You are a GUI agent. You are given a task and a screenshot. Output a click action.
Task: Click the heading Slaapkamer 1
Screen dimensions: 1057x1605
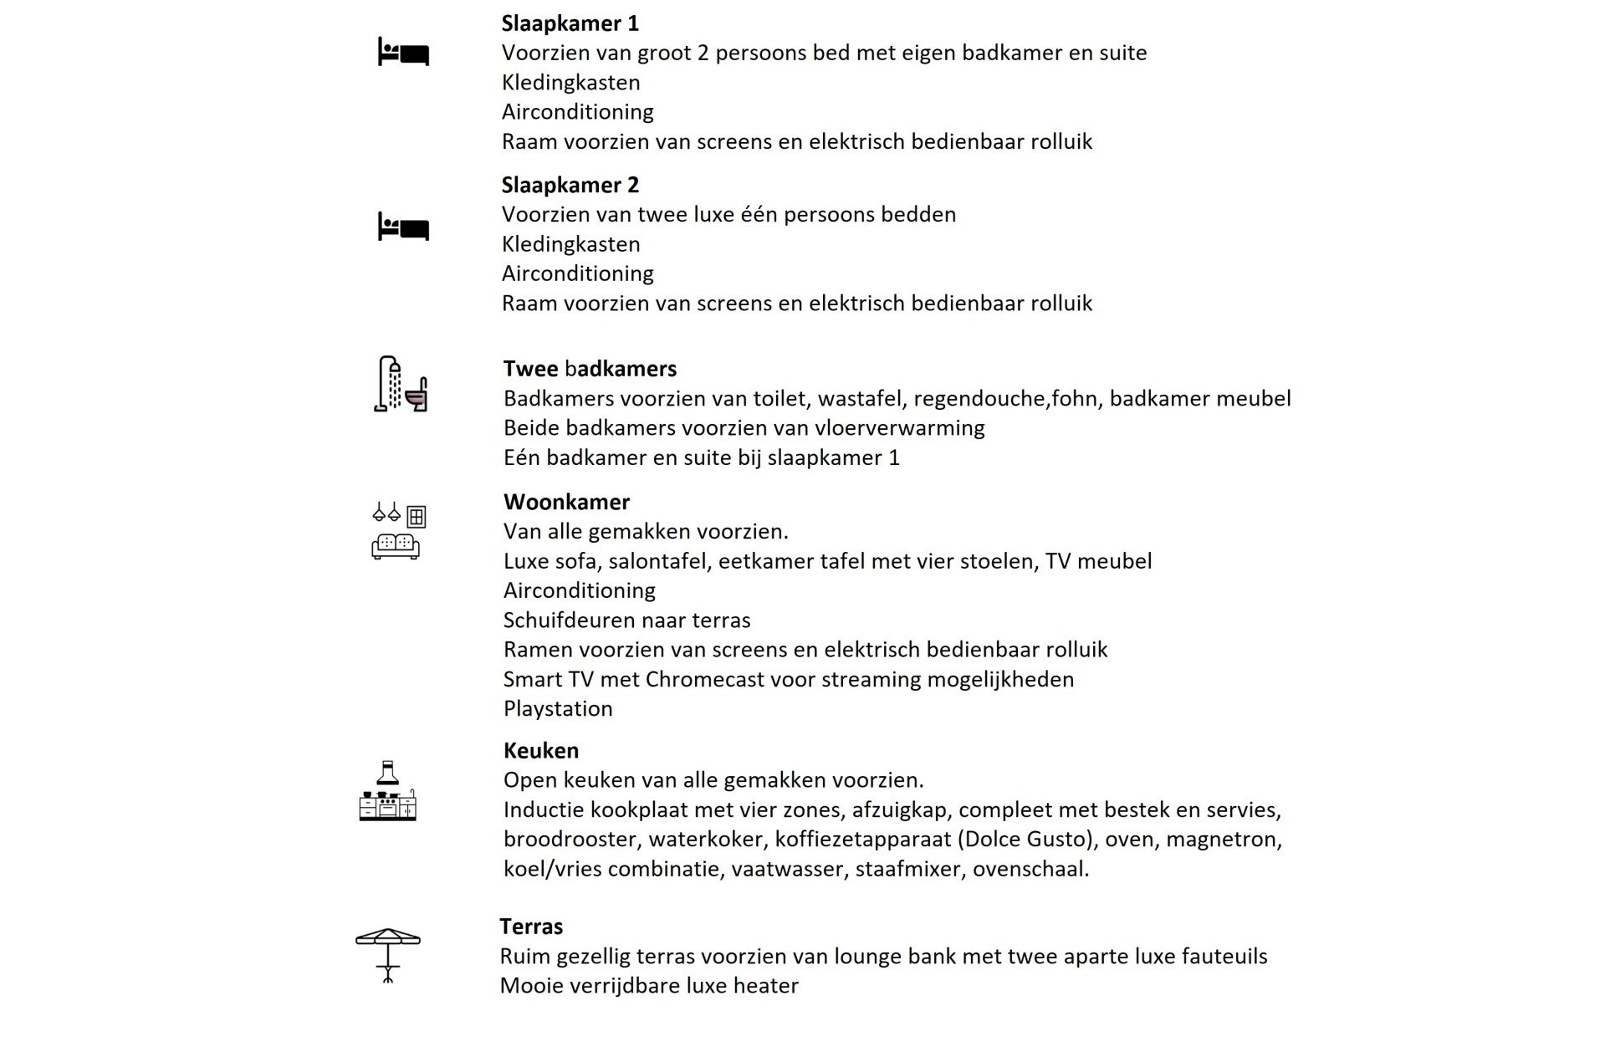(x=570, y=23)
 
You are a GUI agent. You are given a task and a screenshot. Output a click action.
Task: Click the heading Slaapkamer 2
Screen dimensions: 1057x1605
(x=570, y=185)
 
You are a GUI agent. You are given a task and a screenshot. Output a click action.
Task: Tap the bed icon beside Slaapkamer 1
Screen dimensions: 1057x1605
(x=403, y=52)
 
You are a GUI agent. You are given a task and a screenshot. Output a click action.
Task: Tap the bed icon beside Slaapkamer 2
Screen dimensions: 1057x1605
(x=403, y=227)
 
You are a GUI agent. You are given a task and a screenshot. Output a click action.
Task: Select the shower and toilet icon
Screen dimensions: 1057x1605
(x=401, y=384)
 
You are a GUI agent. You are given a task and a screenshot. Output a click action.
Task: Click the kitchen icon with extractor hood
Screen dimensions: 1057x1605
(x=387, y=791)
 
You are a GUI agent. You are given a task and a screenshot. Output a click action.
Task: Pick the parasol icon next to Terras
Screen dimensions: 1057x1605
(x=388, y=954)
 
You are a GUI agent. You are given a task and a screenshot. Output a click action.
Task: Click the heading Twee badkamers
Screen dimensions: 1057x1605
(x=590, y=369)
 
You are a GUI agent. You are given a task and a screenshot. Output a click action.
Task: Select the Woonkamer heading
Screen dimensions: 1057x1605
(x=566, y=502)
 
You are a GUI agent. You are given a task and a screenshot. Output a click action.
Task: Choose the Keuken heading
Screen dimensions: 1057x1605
(x=540, y=750)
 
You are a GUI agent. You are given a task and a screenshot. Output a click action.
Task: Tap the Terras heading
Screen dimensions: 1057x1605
(x=531, y=927)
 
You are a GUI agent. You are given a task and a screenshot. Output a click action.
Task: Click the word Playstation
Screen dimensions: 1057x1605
(x=558, y=709)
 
